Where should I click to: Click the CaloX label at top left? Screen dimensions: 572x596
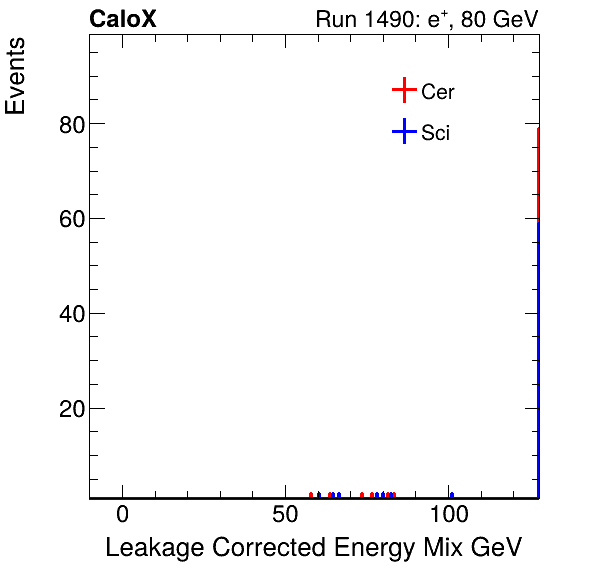122,20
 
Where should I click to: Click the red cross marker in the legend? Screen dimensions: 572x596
403,91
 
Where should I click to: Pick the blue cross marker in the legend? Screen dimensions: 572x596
403,132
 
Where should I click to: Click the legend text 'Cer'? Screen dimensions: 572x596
438,92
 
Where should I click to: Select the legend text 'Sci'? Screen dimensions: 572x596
435,133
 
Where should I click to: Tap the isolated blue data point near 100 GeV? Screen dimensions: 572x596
452,495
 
